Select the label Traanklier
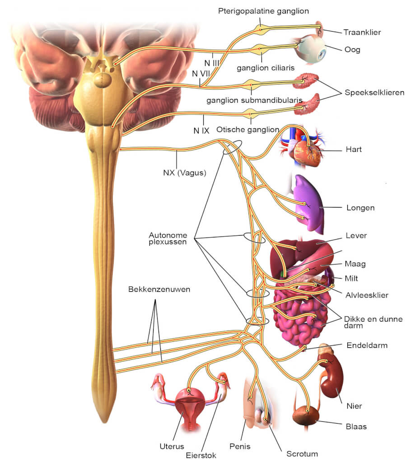coord(362,32)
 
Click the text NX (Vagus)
coord(184,172)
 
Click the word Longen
coord(360,208)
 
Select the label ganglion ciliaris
coord(266,68)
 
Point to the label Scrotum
coord(302,454)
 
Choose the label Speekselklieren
coord(375,93)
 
